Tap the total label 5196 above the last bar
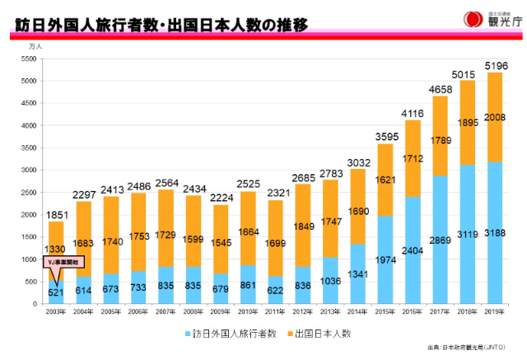pyautogui.click(x=495, y=65)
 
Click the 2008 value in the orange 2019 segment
pyautogui.click(x=495, y=117)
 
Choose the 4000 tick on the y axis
pyautogui.click(x=28, y=126)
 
